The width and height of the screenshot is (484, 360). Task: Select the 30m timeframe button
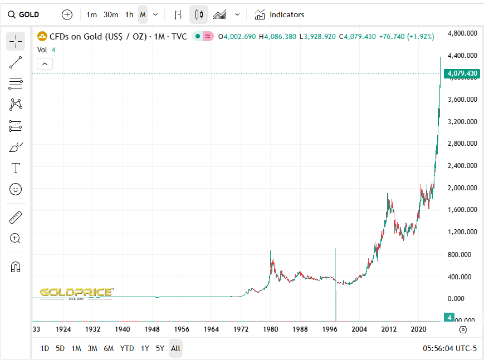point(111,14)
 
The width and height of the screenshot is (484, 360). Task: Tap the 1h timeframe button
point(129,14)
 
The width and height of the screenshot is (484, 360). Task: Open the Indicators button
point(280,14)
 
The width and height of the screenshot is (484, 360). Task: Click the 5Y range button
point(160,348)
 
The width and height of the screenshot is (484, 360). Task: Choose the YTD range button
point(127,348)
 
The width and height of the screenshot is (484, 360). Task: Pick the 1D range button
point(45,348)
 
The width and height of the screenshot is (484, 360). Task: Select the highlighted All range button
point(175,348)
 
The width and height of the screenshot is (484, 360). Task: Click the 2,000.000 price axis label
point(462,188)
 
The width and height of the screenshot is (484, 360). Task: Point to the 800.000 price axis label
point(462,254)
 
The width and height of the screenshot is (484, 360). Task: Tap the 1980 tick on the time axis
point(271,329)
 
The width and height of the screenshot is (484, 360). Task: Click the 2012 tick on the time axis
point(389,329)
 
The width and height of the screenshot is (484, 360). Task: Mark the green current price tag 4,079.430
point(462,73)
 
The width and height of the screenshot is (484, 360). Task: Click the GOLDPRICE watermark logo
point(76,292)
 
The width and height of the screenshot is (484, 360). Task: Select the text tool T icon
point(16,169)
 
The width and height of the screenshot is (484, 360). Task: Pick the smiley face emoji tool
point(16,189)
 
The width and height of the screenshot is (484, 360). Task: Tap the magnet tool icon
point(16,267)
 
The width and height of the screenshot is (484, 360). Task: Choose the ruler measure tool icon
point(16,218)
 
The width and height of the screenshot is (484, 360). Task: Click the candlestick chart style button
point(198,14)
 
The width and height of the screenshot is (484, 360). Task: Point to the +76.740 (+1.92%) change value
point(405,37)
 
